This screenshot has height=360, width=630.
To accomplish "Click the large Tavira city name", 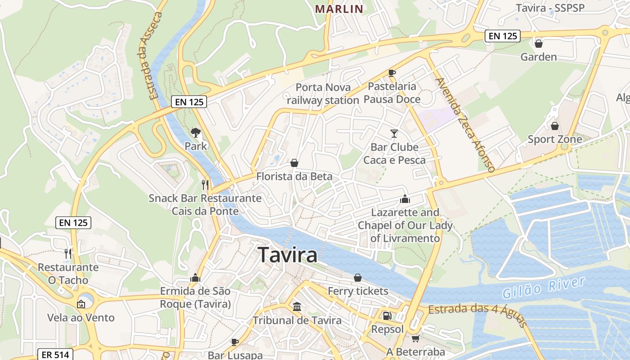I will pos(288,255).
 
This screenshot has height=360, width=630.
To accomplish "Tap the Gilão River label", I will pos(544,288).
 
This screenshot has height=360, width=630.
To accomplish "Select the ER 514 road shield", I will pos(55,355).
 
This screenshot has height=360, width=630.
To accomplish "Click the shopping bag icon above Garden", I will pos(538,44).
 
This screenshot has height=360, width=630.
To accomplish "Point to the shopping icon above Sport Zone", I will pos(554,126).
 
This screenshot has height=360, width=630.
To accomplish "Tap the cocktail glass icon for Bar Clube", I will pos(394,133).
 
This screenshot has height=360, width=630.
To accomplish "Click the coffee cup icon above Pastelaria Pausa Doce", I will pos(392,73).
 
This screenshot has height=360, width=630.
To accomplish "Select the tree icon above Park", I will pos(195,132).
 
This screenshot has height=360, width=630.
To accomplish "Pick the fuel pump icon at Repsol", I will pos(387,316).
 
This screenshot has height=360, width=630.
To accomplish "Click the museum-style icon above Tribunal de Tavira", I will pos(297,307).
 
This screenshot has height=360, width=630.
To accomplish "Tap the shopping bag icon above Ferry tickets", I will pos(358,278).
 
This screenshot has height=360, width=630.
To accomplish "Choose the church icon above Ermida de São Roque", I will pos(195,278).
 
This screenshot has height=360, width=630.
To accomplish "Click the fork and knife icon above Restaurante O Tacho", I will pos(68,254).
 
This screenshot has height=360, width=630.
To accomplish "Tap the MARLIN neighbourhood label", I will pos(339,9).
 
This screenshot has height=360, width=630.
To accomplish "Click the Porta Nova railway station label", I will pos(323,94).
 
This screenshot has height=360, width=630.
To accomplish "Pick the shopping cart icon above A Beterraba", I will pos(415,338).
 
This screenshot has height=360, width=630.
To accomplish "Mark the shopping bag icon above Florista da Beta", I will pos(294,163).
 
